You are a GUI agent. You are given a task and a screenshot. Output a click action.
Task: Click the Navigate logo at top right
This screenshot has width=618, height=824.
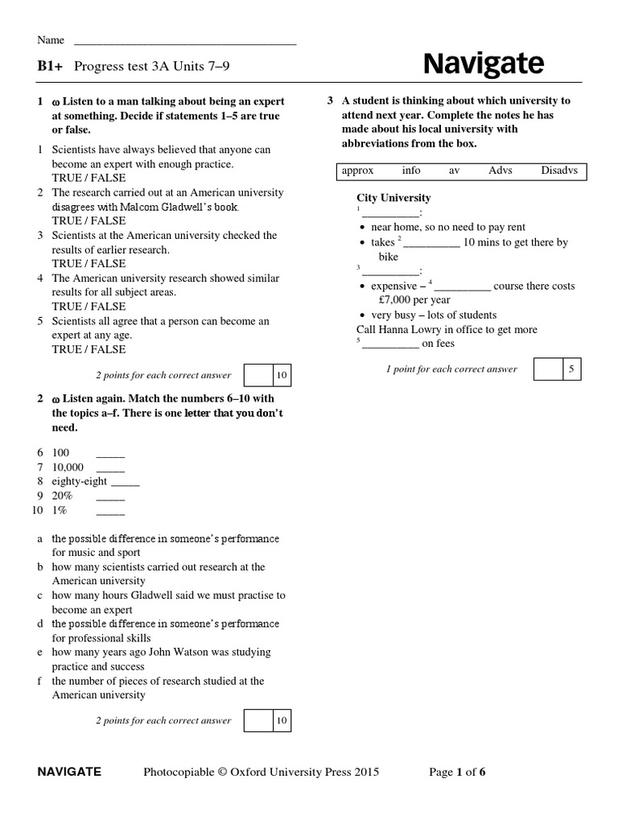(483, 63)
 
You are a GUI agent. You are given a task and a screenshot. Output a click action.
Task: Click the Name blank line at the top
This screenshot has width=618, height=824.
(185, 42)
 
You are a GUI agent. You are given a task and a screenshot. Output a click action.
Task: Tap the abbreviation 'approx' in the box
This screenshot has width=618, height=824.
(357, 171)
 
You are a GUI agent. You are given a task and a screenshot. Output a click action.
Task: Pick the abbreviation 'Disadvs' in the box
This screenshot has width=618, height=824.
(559, 171)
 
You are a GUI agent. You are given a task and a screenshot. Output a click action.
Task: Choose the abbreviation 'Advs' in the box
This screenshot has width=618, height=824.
(500, 171)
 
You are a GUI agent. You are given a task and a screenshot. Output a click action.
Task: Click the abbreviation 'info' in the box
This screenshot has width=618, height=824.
(411, 171)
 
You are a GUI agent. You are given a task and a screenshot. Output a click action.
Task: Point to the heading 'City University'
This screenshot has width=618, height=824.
(393, 198)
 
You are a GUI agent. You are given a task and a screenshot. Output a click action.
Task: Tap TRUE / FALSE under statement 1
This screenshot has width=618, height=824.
(89, 178)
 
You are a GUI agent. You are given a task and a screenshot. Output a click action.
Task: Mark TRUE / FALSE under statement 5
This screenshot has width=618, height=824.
(89, 349)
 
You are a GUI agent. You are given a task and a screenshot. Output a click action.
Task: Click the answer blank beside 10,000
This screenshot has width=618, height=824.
(110, 469)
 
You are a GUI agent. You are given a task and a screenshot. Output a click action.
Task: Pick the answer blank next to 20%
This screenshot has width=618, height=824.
(110, 498)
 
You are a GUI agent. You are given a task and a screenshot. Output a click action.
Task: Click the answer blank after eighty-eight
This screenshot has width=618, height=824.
(125, 484)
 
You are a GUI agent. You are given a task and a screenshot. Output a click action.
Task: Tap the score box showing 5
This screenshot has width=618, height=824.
(571, 369)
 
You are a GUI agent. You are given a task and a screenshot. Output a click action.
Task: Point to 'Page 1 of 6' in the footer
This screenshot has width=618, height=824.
(457, 772)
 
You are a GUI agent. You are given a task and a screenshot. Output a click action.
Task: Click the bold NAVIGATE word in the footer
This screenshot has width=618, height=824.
(69, 772)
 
